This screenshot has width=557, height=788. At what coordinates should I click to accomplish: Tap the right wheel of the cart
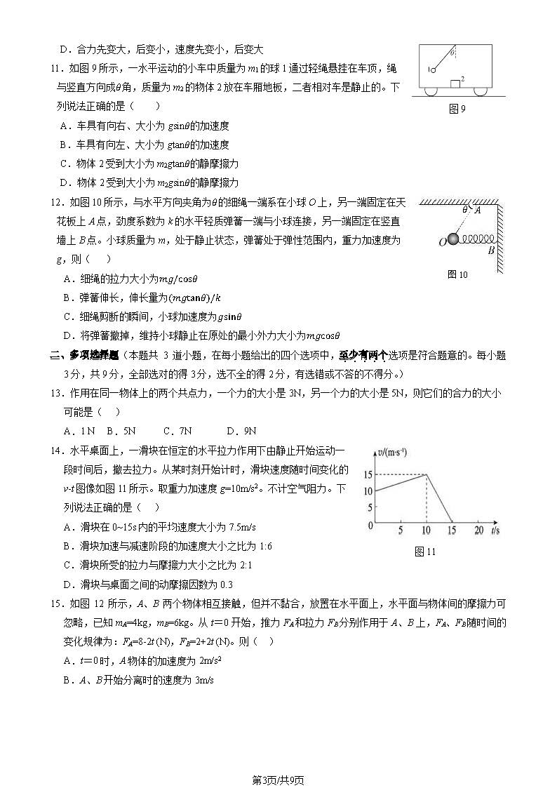pos(480,91)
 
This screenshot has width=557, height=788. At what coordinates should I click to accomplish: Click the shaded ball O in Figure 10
pos(454,240)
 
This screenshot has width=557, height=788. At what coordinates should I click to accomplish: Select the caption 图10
pos(457,274)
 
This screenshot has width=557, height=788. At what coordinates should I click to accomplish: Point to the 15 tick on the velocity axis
pos(368,475)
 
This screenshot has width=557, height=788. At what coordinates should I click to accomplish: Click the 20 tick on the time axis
pos(479,530)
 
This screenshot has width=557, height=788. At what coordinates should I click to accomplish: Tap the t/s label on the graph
pos(495,530)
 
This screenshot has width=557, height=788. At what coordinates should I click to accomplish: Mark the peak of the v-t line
pos(427,475)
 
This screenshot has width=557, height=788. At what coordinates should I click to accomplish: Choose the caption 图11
pos(425,552)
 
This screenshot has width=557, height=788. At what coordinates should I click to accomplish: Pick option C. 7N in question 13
pos(177,431)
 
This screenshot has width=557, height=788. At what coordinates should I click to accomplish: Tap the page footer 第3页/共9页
pos(278,779)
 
